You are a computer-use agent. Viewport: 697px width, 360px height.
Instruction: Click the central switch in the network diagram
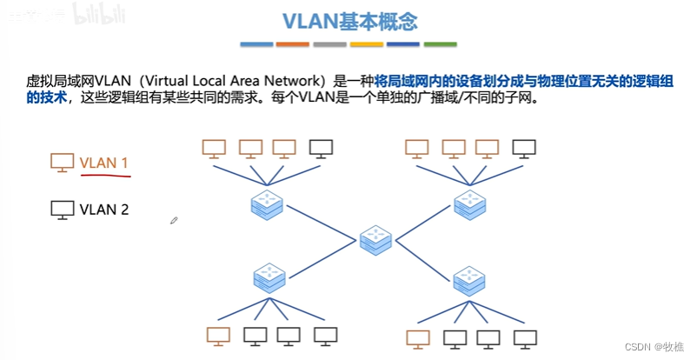[x=375, y=237]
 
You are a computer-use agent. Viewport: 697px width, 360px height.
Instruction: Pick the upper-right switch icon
[x=472, y=204]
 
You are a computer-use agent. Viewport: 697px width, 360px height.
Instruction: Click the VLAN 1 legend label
[x=104, y=163]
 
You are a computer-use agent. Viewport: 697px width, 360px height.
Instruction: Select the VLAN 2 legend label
[x=104, y=209]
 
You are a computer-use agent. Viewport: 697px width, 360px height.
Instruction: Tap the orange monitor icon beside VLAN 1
[x=63, y=163]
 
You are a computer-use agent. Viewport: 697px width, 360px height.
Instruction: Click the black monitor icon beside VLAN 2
[x=63, y=210]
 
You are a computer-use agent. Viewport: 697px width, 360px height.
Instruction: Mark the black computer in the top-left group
[x=321, y=149]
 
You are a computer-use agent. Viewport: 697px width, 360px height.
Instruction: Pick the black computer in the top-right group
[x=523, y=149]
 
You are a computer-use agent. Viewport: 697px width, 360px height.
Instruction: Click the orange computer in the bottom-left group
[x=218, y=335]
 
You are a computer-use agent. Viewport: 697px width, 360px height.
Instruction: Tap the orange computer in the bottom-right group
[x=418, y=337]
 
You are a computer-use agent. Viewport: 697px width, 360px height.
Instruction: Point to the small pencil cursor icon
[x=174, y=221]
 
